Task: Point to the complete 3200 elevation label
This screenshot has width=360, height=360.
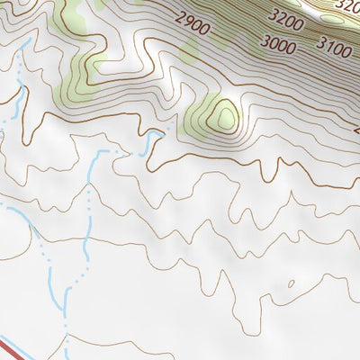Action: point(287,17)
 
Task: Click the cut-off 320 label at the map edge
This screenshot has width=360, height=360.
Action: point(347,5)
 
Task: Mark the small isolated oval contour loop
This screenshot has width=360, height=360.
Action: point(290,284)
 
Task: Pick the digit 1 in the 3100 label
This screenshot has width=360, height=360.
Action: point(328,49)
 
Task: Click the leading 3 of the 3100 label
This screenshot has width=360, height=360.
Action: point(319,47)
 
